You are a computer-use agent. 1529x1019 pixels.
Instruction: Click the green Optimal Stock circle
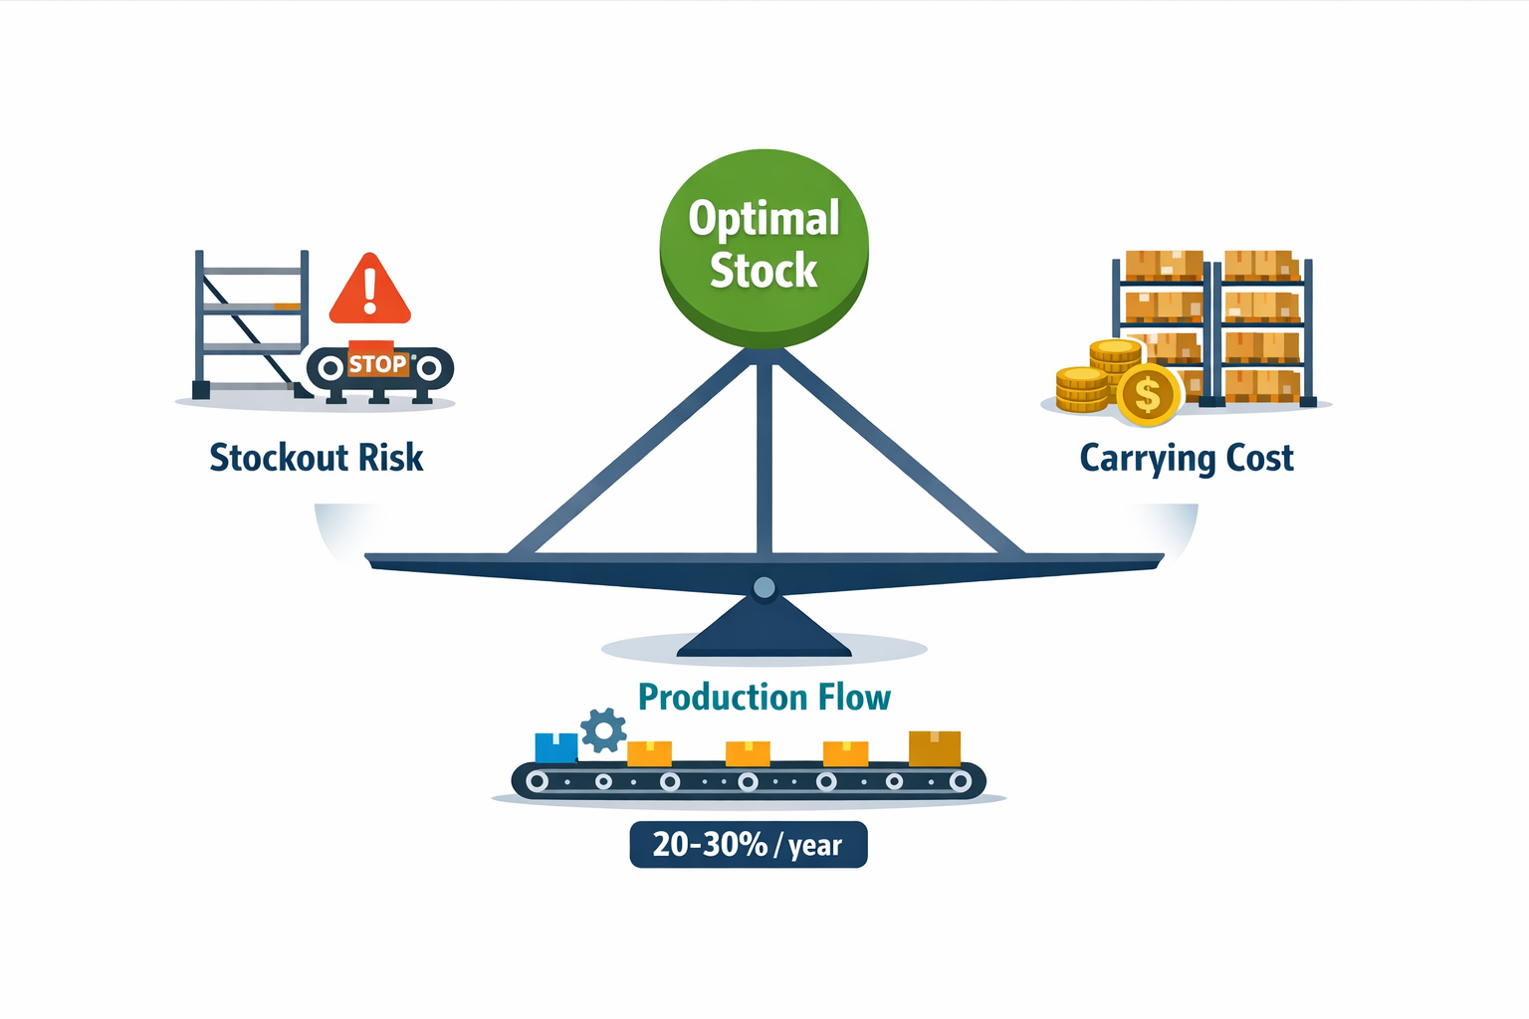pos(764,249)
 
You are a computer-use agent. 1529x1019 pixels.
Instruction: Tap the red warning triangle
pos(370,289)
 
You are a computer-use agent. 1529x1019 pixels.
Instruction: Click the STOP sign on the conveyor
pos(377,363)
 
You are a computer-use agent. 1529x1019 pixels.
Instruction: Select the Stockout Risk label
pos(316,458)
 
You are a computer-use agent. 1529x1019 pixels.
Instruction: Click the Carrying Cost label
pos(1187,459)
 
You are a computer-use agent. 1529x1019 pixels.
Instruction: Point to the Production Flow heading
pos(764,698)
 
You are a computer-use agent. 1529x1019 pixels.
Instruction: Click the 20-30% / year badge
pos(749,845)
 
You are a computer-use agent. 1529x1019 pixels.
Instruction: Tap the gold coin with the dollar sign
pos(1148,395)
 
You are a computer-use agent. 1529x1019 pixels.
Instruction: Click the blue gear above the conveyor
pos(602,730)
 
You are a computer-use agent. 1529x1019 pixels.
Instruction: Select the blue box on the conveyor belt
pos(556,748)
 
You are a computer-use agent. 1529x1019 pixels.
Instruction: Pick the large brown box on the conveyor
pos(935,748)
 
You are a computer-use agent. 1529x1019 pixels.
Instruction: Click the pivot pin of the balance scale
pos(764,588)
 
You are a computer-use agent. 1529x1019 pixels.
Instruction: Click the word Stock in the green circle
pos(764,271)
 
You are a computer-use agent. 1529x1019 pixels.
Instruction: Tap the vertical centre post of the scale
pos(764,458)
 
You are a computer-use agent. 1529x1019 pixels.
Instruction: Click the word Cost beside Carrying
pos(1260,458)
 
